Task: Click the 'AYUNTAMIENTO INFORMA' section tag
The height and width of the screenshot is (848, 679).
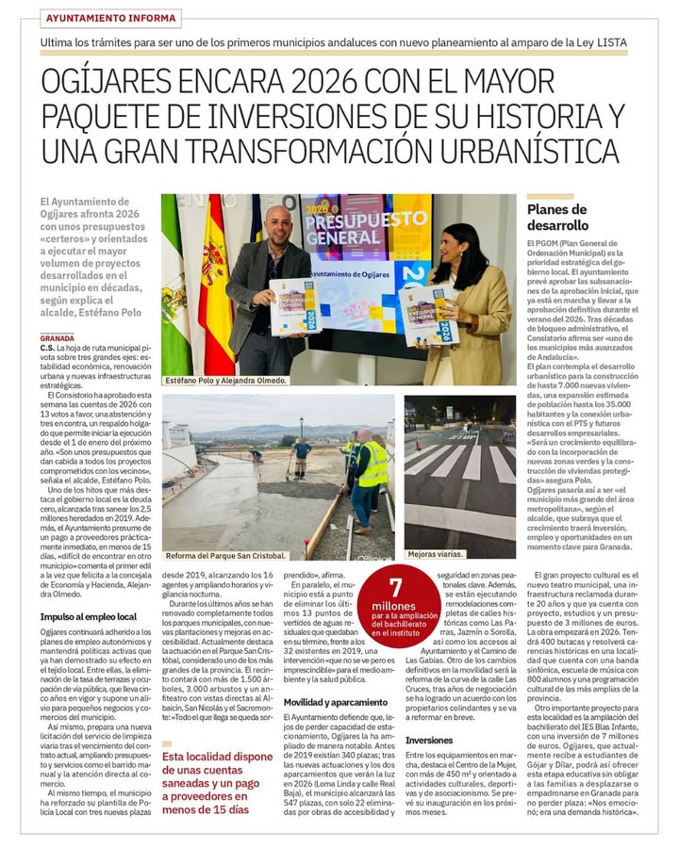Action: click(x=111, y=18)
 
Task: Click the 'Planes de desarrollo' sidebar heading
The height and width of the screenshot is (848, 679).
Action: click(x=556, y=218)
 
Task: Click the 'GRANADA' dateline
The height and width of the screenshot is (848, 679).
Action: click(x=58, y=337)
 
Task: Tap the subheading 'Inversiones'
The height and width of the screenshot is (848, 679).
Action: click(x=429, y=741)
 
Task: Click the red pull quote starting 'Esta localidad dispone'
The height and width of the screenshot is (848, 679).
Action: click(x=217, y=782)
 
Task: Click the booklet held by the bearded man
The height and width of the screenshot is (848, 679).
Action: click(x=293, y=305)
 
